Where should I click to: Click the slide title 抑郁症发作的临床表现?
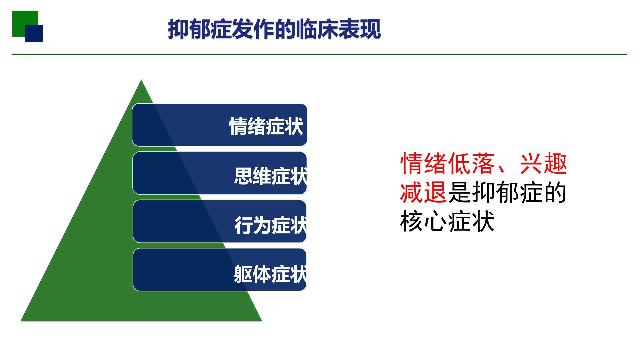click(274, 29)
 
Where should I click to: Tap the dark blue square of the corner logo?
click(34, 34)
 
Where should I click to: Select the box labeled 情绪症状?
click(220, 125)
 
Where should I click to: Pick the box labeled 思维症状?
click(220, 173)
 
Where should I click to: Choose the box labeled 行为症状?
click(220, 221)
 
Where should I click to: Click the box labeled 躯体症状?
click(220, 270)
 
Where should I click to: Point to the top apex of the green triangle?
click(141, 80)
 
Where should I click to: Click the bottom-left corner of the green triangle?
click(21, 320)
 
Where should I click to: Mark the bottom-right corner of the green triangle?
click(261, 320)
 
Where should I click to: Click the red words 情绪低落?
click(448, 163)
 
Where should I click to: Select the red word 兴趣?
click(543, 163)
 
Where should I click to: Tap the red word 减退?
click(423, 192)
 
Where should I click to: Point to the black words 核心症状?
click(447, 221)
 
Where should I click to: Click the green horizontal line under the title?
click(320, 54)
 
